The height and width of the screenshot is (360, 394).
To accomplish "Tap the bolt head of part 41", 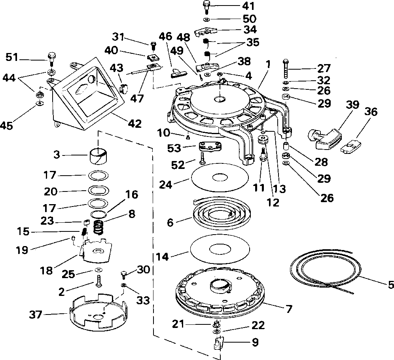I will [x=206, y=4].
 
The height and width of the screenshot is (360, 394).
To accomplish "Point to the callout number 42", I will [x=134, y=124].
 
